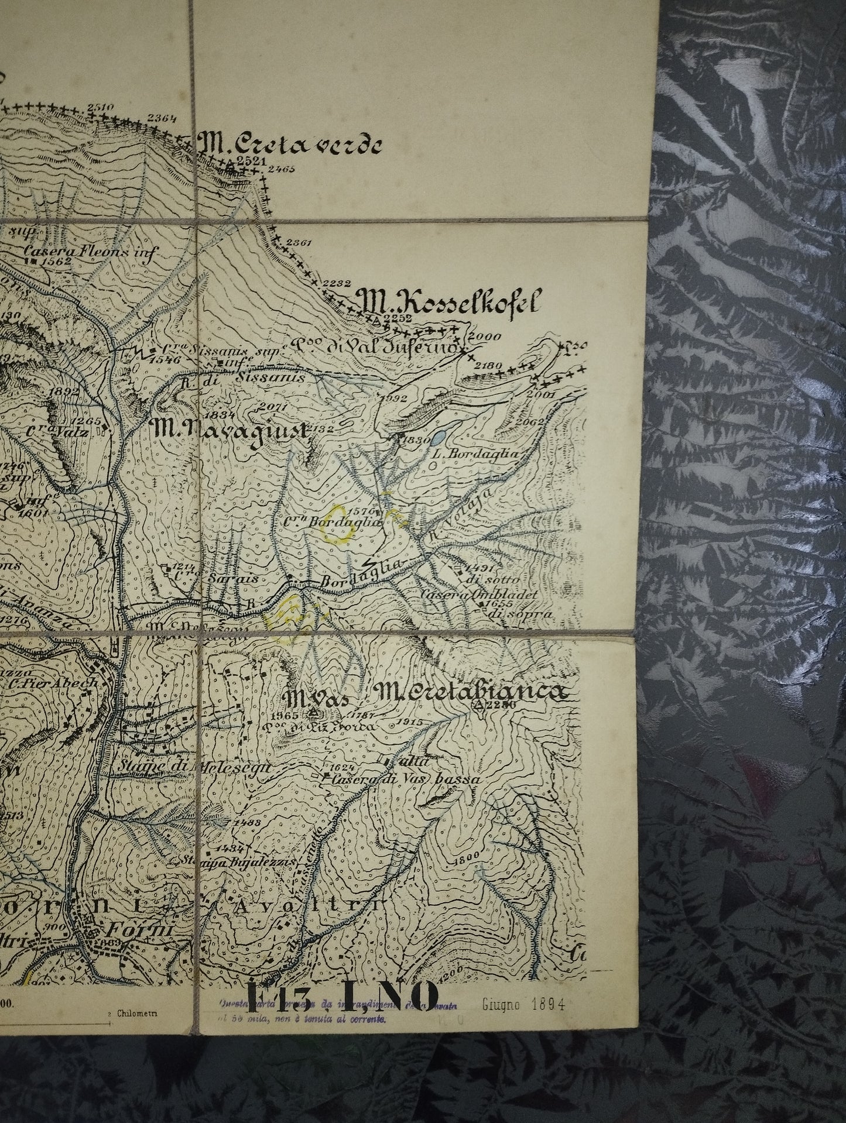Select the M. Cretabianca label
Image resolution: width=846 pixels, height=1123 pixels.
(x=473, y=692)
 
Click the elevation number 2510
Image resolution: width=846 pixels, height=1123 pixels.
(x=99, y=107)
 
